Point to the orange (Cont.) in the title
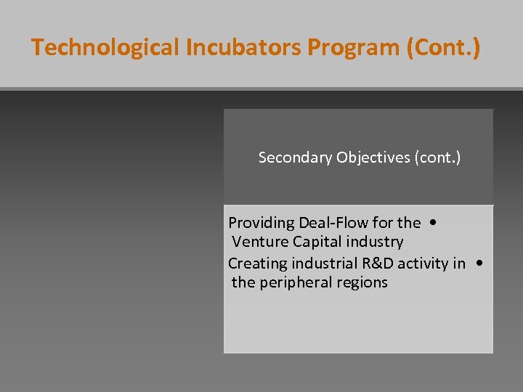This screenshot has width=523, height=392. pyautogui.click(x=444, y=48)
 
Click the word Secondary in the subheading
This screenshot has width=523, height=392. pyautogui.click(x=295, y=158)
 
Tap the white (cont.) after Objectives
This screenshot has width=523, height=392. pyautogui.click(x=437, y=158)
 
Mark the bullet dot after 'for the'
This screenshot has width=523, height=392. pyautogui.click(x=433, y=222)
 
